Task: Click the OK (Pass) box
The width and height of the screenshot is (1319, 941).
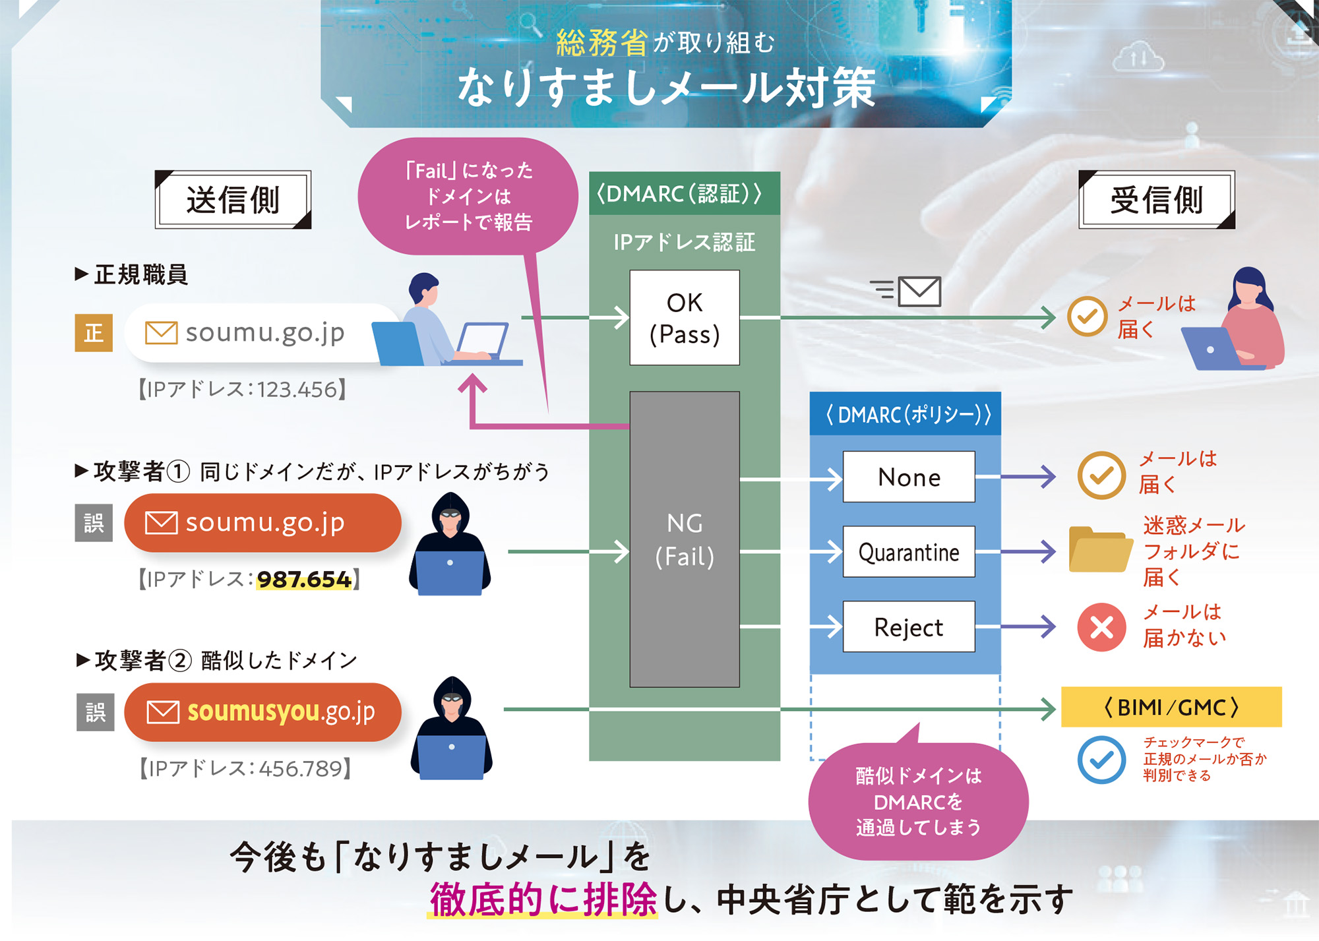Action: click(685, 318)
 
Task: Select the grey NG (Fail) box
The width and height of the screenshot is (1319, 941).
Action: click(685, 539)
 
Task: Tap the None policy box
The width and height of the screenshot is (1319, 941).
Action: click(909, 477)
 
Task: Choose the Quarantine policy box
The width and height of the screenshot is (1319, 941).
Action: click(909, 552)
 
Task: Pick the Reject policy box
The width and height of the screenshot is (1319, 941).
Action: click(909, 627)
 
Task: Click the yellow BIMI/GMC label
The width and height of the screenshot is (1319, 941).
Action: click(1171, 707)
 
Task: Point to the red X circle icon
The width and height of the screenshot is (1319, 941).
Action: click(1101, 627)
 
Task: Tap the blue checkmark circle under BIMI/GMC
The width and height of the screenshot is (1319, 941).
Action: click(1101, 760)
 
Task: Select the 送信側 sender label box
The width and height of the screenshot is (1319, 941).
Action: click(233, 200)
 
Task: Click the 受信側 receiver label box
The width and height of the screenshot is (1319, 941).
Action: click(1157, 200)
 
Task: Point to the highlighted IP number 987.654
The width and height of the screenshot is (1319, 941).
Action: click(304, 580)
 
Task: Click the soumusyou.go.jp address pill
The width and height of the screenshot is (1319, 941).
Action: click(262, 712)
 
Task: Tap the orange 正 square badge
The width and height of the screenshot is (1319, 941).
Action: click(94, 333)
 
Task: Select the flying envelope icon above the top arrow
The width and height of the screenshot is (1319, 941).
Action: click(919, 291)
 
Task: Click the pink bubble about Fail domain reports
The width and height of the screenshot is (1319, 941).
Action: click(468, 196)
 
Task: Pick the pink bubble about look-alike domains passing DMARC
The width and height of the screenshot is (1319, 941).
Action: click(918, 801)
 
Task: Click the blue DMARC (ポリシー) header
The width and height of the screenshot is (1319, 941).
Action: click(905, 414)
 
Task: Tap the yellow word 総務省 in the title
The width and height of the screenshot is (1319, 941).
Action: click(601, 43)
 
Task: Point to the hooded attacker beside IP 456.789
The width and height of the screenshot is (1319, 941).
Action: click(452, 729)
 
